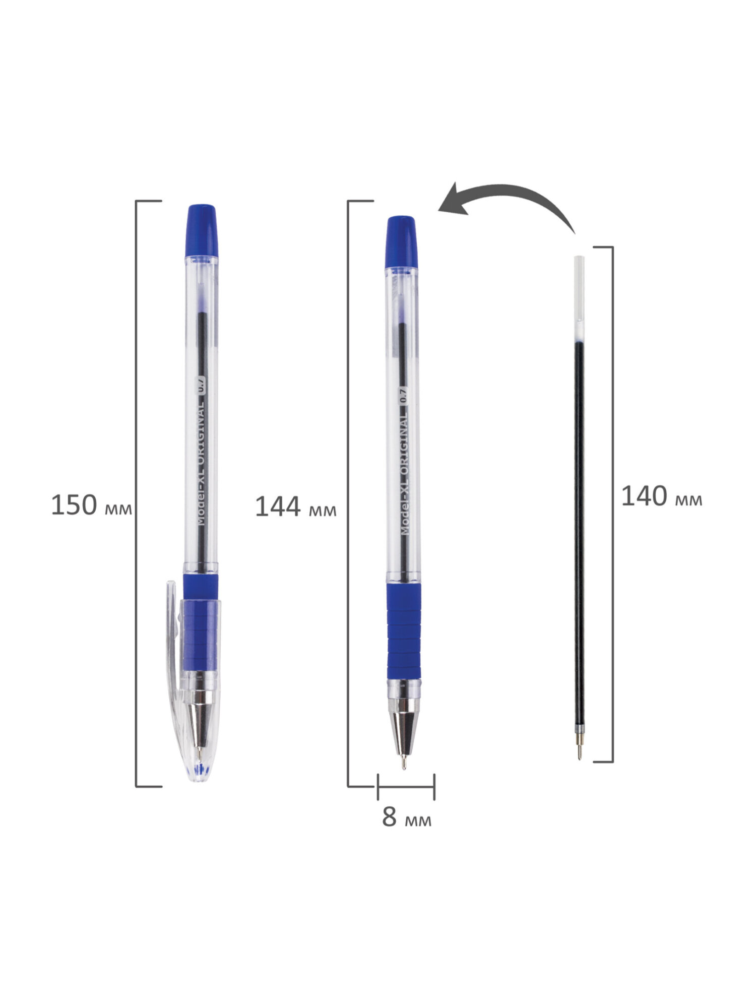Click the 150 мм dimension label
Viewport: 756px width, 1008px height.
tap(91, 505)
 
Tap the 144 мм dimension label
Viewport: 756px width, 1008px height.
tap(295, 507)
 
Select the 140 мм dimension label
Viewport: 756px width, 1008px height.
tap(661, 496)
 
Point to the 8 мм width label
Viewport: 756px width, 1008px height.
tap(407, 817)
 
